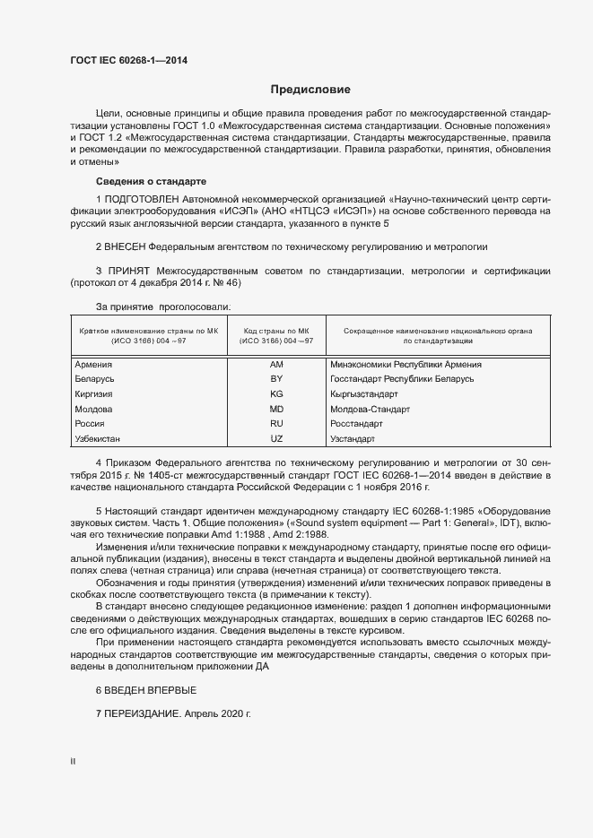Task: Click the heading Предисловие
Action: tap(311, 90)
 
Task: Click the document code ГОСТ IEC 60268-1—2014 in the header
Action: tap(129, 61)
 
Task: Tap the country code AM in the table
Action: tap(276, 365)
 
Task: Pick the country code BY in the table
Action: tap(276, 379)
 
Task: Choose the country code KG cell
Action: tap(276, 394)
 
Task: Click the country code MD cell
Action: tap(276, 409)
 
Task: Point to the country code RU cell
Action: tap(276, 424)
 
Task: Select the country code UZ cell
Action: tap(276, 439)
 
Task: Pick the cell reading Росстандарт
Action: tap(356, 424)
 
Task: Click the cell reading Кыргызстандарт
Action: tap(363, 394)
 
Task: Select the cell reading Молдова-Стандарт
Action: tap(370, 409)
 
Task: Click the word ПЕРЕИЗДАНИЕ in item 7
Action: tap(144, 714)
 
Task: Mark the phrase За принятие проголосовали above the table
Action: tap(150, 307)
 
